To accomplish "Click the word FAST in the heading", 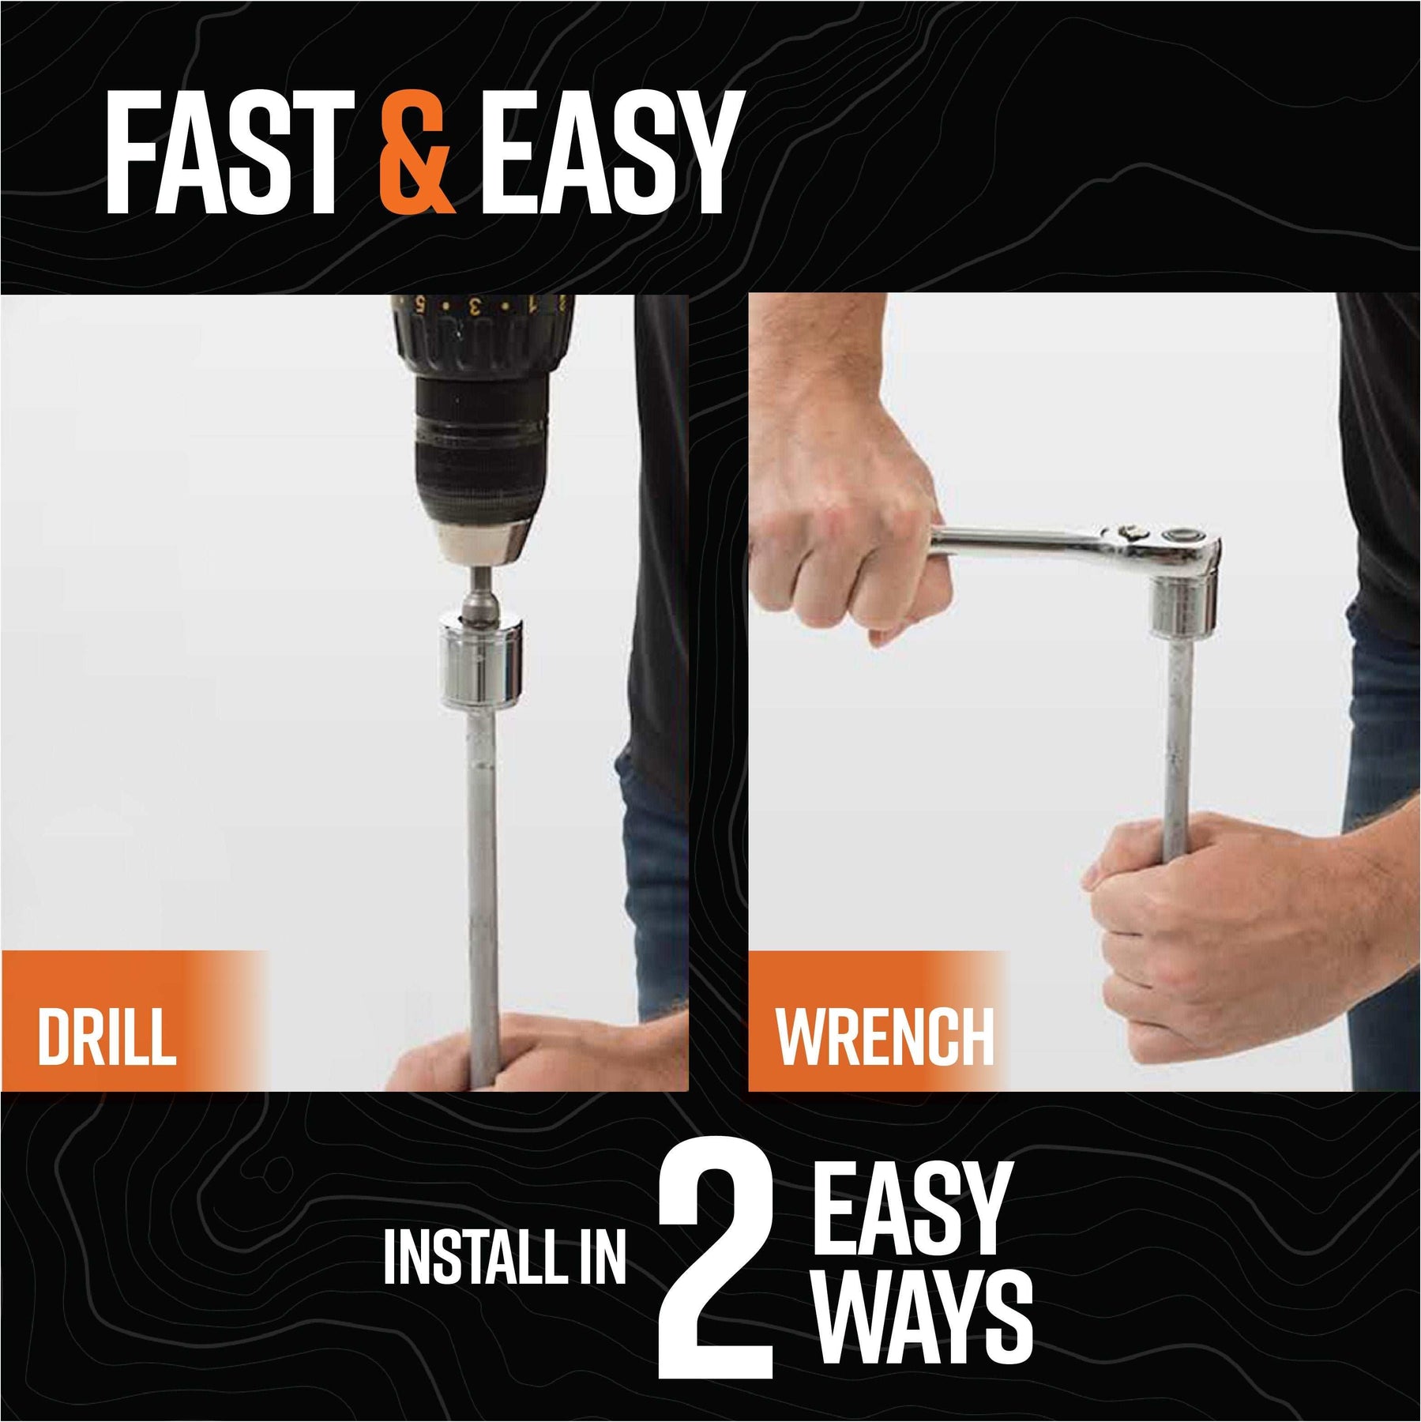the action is coord(230,152).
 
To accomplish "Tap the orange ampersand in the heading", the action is coord(418,152).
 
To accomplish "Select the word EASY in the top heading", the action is coord(612,152).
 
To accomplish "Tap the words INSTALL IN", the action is coord(505,1258).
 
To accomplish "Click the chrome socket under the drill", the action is coord(481,662).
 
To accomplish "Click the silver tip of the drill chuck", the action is coord(481,545).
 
